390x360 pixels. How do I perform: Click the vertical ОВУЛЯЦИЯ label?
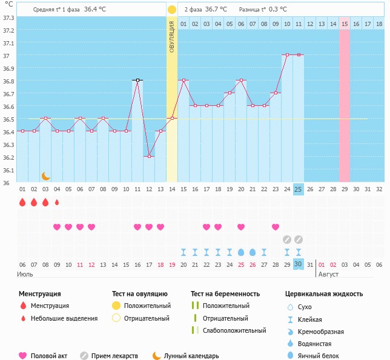click(172, 36)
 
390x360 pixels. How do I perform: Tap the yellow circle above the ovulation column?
click(172, 10)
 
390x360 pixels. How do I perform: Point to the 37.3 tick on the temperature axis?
click(8, 17)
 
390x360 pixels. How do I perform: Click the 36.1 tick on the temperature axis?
click(8, 170)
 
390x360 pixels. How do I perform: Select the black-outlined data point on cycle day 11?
click(137, 80)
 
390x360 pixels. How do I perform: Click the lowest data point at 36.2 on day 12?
click(149, 156)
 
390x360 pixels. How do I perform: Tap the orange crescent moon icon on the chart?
click(46, 176)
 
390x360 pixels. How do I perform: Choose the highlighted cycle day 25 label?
click(298, 189)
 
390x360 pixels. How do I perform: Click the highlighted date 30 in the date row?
click(298, 264)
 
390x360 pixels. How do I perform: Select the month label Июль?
click(25, 274)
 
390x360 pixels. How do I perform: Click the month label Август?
click(328, 274)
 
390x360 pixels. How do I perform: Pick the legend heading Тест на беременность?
click(225, 294)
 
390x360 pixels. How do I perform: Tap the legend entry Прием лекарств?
click(114, 356)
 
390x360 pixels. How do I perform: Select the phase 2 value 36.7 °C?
click(215, 9)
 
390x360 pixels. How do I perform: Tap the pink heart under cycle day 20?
click(241, 227)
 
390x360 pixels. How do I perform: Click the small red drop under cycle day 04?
click(57, 202)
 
